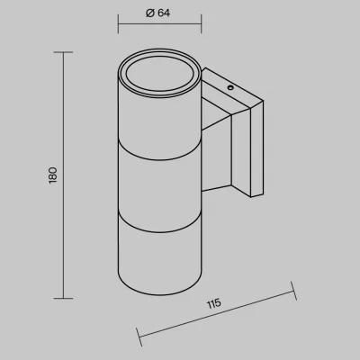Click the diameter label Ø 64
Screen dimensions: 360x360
157,13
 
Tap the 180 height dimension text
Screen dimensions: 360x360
53,175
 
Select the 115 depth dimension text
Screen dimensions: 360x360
214,303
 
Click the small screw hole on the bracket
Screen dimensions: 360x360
230,88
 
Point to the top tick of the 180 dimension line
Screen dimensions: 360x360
63,52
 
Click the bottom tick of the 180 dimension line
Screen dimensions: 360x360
63,298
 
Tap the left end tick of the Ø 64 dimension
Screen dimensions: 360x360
118,23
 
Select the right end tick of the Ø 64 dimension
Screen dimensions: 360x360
201,23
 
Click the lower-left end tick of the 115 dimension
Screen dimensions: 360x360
139,337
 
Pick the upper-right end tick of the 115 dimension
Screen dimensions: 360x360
293,291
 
